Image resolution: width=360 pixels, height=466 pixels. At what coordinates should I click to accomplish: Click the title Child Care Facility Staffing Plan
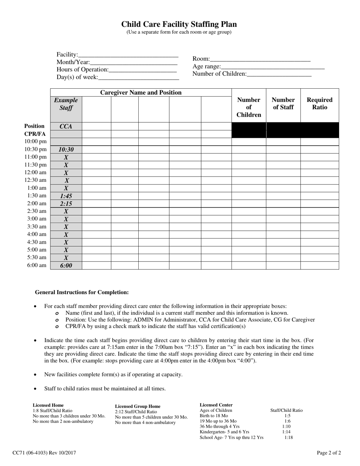(x=179, y=24)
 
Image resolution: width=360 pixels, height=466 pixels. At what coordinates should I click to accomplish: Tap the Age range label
(x=207, y=66)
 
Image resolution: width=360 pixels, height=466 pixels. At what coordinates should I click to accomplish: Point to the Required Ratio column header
(x=319, y=103)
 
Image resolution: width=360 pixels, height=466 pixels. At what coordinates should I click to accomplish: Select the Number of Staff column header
(x=283, y=103)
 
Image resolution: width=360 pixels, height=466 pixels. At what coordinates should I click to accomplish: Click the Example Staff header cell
(x=66, y=104)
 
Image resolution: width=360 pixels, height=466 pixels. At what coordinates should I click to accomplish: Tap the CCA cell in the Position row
(x=66, y=126)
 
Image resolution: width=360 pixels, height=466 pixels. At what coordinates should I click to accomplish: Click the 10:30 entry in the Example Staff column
(x=66, y=150)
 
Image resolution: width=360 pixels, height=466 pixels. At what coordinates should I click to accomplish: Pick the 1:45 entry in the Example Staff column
(x=66, y=196)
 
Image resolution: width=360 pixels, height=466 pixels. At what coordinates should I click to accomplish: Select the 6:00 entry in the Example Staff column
(x=66, y=266)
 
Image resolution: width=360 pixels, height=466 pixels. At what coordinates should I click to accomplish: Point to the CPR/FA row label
(x=35, y=134)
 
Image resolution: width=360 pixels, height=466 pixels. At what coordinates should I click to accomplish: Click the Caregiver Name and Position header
(x=141, y=92)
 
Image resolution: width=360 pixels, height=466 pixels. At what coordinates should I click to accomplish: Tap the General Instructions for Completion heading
(x=82, y=292)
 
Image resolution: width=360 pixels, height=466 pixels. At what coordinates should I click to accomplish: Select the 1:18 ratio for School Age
(x=288, y=438)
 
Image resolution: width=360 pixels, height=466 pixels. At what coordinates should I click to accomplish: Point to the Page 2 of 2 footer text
(x=329, y=452)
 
